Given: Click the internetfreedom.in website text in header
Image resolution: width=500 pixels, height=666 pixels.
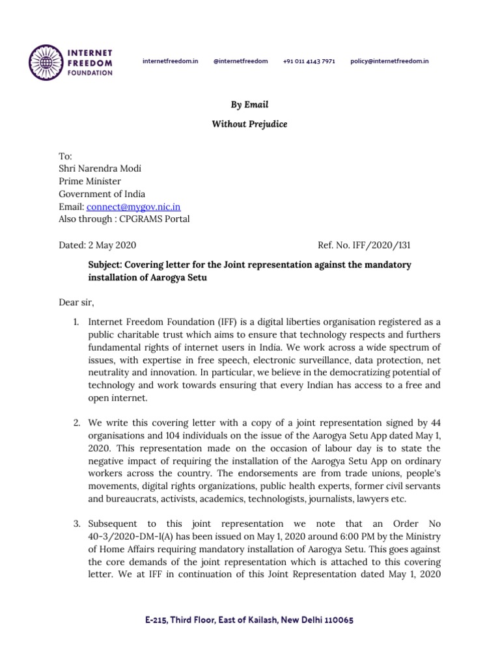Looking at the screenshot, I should (170, 61).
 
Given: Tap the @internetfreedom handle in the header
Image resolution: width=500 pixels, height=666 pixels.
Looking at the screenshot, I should (240, 61).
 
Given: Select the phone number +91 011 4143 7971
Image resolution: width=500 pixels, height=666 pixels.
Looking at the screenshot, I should (309, 61).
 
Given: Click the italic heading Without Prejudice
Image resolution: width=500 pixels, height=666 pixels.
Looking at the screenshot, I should (249, 124).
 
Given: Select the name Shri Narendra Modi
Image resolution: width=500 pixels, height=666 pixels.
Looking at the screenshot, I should (100, 168).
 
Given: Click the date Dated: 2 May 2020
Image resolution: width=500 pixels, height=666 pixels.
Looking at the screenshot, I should (98, 245).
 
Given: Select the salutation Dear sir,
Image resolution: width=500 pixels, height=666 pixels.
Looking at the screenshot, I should (77, 302).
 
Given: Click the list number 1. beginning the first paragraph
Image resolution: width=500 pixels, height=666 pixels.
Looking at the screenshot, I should (76, 322).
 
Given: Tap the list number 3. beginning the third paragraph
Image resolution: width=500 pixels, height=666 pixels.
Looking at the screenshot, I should (76, 524).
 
